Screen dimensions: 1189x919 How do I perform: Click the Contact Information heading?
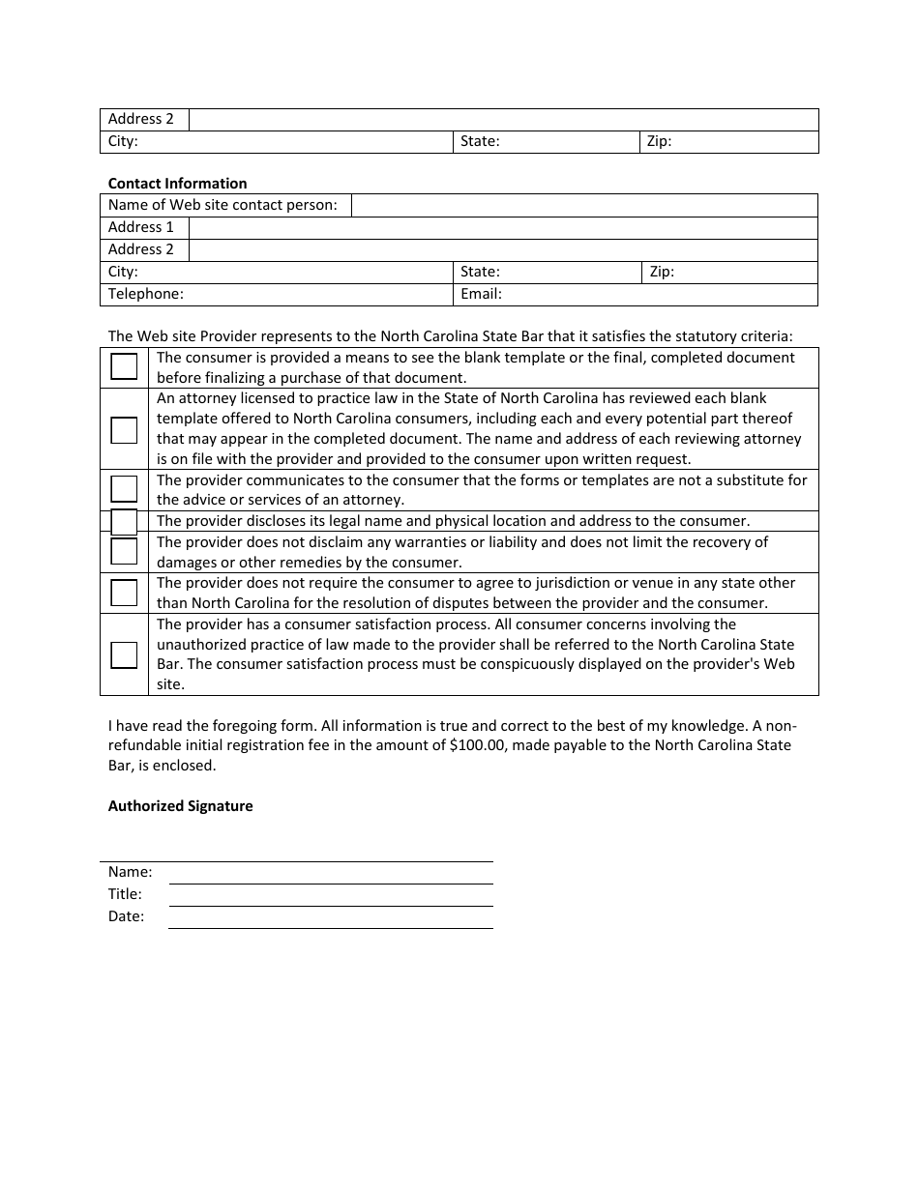pyautogui.click(x=177, y=184)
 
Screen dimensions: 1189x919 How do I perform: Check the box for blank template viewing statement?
pyautogui.click(x=124, y=367)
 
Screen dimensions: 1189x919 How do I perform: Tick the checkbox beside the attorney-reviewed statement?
pyautogui.click(x=124, y=429)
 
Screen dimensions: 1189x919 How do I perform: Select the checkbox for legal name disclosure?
pyautogui.click(x=124, y=522)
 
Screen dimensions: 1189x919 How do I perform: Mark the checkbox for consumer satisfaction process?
pyautogui.click(x=124, y=654)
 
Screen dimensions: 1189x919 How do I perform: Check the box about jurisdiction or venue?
pyautogui.click(x=124, y=593)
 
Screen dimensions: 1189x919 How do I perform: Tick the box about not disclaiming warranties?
pyautogui.click(x=124, y=551)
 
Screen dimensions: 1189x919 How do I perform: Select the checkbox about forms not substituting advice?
pyautogui.click(x=124, y=489)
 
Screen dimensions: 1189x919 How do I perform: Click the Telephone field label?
pyautogui.click(x=146, y=294)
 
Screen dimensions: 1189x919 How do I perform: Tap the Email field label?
pyautogui.click(x=481, y=294)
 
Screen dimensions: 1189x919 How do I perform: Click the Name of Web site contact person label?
pyautogui.click(x=222, y=205)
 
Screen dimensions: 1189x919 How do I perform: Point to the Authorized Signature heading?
pyautogui.click(x=180, y=806)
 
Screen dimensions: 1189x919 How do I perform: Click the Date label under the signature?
pyautogui.click(x=126, y=916)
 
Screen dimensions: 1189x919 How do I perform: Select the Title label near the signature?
pyautogui.click(x=125, y=894)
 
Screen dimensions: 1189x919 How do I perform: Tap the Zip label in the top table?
pyautogui.click(x=659, y=141)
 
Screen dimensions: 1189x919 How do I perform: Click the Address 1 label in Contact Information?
pyautogui.click(x=141, y=227)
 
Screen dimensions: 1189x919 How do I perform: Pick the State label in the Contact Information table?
pyautogui.click(x=480, y=272)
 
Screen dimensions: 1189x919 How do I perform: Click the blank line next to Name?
pyautogui.click(x=331, y=873)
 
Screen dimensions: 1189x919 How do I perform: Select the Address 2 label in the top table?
pyautogui.click(x=141, y=119)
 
